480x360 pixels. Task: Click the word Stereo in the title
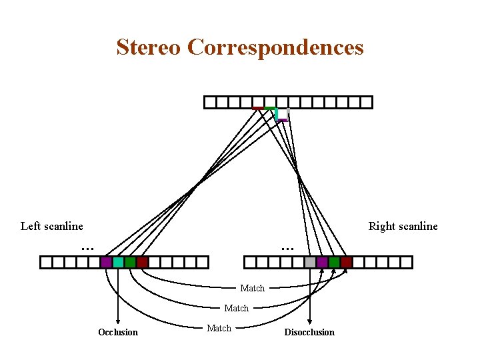(x=149, y=47)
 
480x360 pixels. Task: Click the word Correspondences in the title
(x=275, y=47)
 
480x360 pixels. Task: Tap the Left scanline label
(x=52, y=226)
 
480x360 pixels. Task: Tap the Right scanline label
(x=403, y=226)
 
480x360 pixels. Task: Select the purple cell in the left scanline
(x=106, y=262)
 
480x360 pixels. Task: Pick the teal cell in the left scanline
(x=118, y=262)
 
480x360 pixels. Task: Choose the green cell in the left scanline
(x=130, y=262)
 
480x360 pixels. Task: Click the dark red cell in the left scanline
(x=142, y=262)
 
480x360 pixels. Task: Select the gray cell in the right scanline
(x=310, y=262)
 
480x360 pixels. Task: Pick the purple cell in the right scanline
(x=322, y=262)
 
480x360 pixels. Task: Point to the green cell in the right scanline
(x=334, y=262)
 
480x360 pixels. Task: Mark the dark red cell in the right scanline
(x=346, y=262)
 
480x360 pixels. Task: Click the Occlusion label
(x=118, y=332)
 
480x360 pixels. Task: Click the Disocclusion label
(x=309, y=332)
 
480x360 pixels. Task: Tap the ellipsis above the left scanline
(x=87, y=249)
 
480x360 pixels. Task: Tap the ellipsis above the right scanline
(x=287, y=249)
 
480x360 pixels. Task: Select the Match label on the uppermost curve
(x=253, y=288)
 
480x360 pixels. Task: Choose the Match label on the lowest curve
(x=219, y=328)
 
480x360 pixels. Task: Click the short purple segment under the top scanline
(x=283, y=120)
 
